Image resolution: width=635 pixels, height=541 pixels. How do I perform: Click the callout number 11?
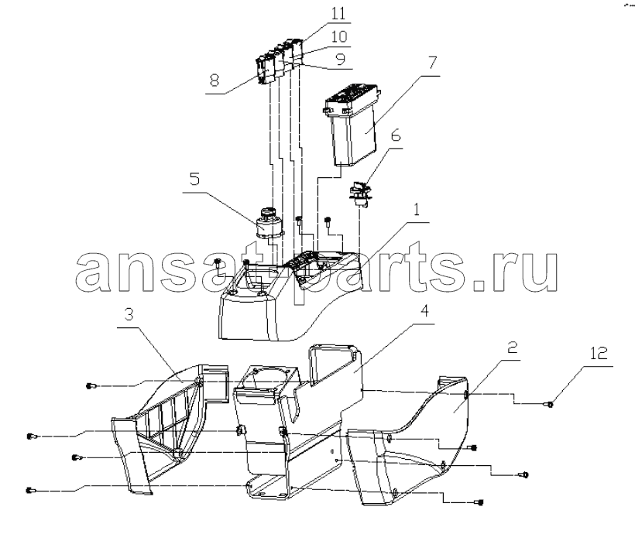pos(338,13)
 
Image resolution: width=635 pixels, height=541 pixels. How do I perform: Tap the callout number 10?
pos(339,37)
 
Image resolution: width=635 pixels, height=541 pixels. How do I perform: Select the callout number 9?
pos(341,60)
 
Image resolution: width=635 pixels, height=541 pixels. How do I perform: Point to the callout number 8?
pos(215,80)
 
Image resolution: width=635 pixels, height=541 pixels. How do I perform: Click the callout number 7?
pos(433,63)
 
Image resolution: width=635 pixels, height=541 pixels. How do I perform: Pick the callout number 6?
pos(396,135)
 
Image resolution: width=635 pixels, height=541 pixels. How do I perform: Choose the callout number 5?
pos(195,179)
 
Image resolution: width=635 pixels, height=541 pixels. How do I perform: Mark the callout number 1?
pos(416,210)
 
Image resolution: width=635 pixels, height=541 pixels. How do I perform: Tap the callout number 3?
pos(129,314)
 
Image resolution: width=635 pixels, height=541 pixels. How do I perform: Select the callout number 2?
pos(513,348)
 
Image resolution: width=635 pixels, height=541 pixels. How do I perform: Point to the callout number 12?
pos(599,353)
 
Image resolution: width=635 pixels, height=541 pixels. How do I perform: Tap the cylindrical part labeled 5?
pos(267,223)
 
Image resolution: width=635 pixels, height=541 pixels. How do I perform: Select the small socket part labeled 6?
pos(359,194)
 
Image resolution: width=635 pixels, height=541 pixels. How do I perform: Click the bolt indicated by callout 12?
pos(550,403)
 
